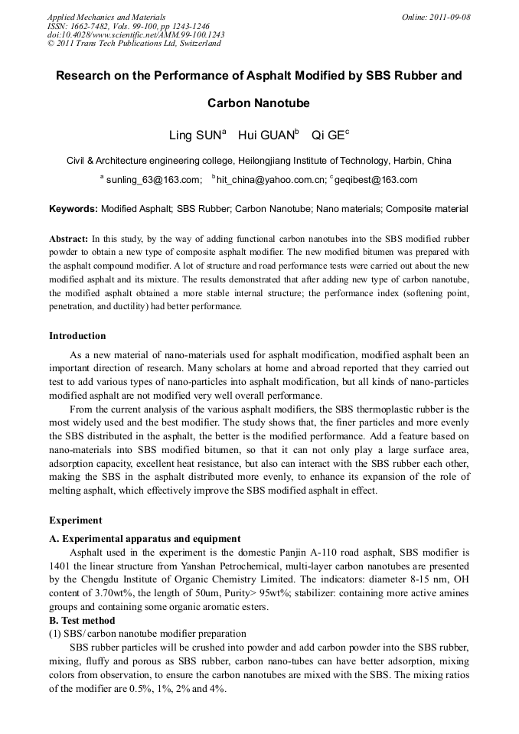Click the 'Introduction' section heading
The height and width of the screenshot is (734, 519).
(x=77, y=336)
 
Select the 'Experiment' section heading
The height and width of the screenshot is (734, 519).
(x=75, y=520)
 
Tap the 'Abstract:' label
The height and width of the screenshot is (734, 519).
(x=69, y=238)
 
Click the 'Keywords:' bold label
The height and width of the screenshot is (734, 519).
(x=73, y=208)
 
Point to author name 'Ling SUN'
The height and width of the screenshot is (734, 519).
(x=194, y=136)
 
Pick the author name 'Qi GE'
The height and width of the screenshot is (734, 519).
(x=327, y=136)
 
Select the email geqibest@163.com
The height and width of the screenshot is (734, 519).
(x=376, y=180)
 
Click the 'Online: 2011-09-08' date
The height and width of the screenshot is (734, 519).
(x=436, y=17)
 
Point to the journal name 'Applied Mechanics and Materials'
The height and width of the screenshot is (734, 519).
(x=105, y=17)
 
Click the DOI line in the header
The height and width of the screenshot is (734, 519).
(x=135, y=34)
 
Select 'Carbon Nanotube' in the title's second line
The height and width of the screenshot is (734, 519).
(x=259, y=103)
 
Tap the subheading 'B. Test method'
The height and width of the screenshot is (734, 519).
(x=83, y=621)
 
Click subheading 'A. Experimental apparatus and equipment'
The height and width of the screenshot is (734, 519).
(x=145, y=539)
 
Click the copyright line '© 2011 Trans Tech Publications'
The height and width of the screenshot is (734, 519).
(x=134, y=44)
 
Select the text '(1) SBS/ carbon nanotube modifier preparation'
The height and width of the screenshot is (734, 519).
(x=148, y=634)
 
